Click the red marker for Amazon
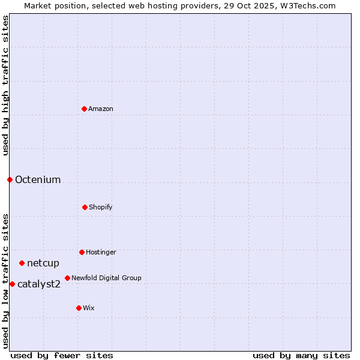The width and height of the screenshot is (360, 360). (84, 109)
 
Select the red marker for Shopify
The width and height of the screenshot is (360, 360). (85, 207)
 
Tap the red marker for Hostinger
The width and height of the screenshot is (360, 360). (82, 252)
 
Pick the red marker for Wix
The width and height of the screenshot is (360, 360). (79, 308)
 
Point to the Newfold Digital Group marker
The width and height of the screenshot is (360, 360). (67, 278)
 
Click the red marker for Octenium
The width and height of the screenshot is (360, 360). (10, 179)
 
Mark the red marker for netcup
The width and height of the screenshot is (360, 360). (22, 263)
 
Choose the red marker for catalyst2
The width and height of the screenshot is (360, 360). (12, 284)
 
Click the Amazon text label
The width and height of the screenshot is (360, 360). (101, 109)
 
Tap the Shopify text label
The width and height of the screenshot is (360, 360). (101, 207)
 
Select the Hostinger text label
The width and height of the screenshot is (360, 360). (101, 252)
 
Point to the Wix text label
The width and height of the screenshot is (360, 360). (89, 308)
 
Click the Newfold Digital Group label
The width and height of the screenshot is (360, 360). (106, 278)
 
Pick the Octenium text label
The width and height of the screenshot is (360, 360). (38, 179)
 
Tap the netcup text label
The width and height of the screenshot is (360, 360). (43, 263)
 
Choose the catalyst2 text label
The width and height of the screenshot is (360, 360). (39, 284)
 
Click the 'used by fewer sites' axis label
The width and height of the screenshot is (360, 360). (62, 355)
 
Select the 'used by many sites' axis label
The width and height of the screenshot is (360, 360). (301, 355)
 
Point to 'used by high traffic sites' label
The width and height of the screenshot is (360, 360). (5, 86)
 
